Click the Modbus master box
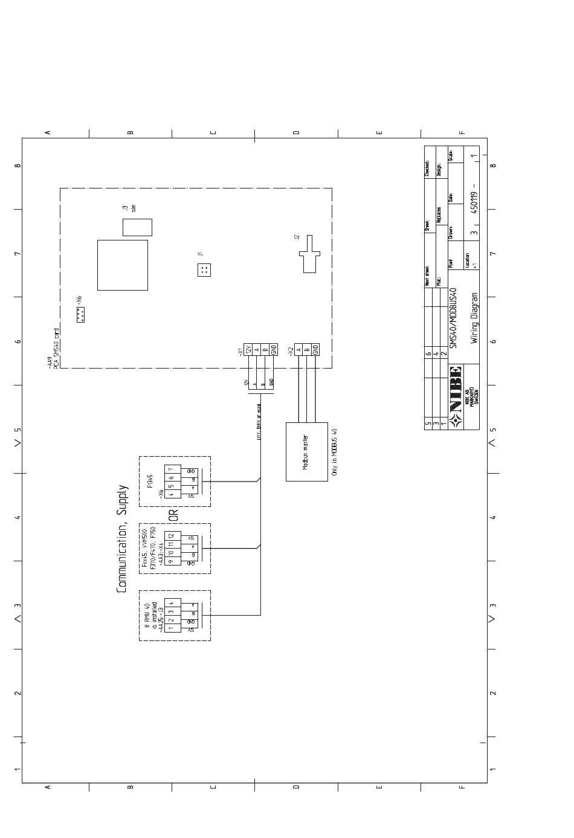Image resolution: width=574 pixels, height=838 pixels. (x=306, y=451)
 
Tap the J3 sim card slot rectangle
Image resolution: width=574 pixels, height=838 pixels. (x=137, y=227)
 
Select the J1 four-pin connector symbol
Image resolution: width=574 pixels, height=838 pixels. (x=204, y=270)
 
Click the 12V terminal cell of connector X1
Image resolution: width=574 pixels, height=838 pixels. (x=248, y=349)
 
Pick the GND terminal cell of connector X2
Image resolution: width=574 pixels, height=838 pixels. (x=315, y=349)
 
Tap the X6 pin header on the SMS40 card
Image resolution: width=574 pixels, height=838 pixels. (x=80, y=314)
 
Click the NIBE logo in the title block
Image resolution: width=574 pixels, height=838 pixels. (x=456, y=390)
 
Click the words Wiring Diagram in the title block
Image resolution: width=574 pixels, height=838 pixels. (x=474, y=318)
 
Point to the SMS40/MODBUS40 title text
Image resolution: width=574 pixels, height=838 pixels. (x=454, y=318)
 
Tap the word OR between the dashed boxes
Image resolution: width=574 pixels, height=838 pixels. (x=173, y=515)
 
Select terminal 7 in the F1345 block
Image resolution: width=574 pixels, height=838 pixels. (x=171, y=469)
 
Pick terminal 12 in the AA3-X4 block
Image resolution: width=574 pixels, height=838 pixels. (x=171, y=536)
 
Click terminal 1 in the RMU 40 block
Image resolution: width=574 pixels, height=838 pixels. (x=171, y=628)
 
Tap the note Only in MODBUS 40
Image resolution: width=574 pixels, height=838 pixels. (x=335, y=452)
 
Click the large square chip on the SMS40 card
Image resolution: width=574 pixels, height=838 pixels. (x=123, y=265)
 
